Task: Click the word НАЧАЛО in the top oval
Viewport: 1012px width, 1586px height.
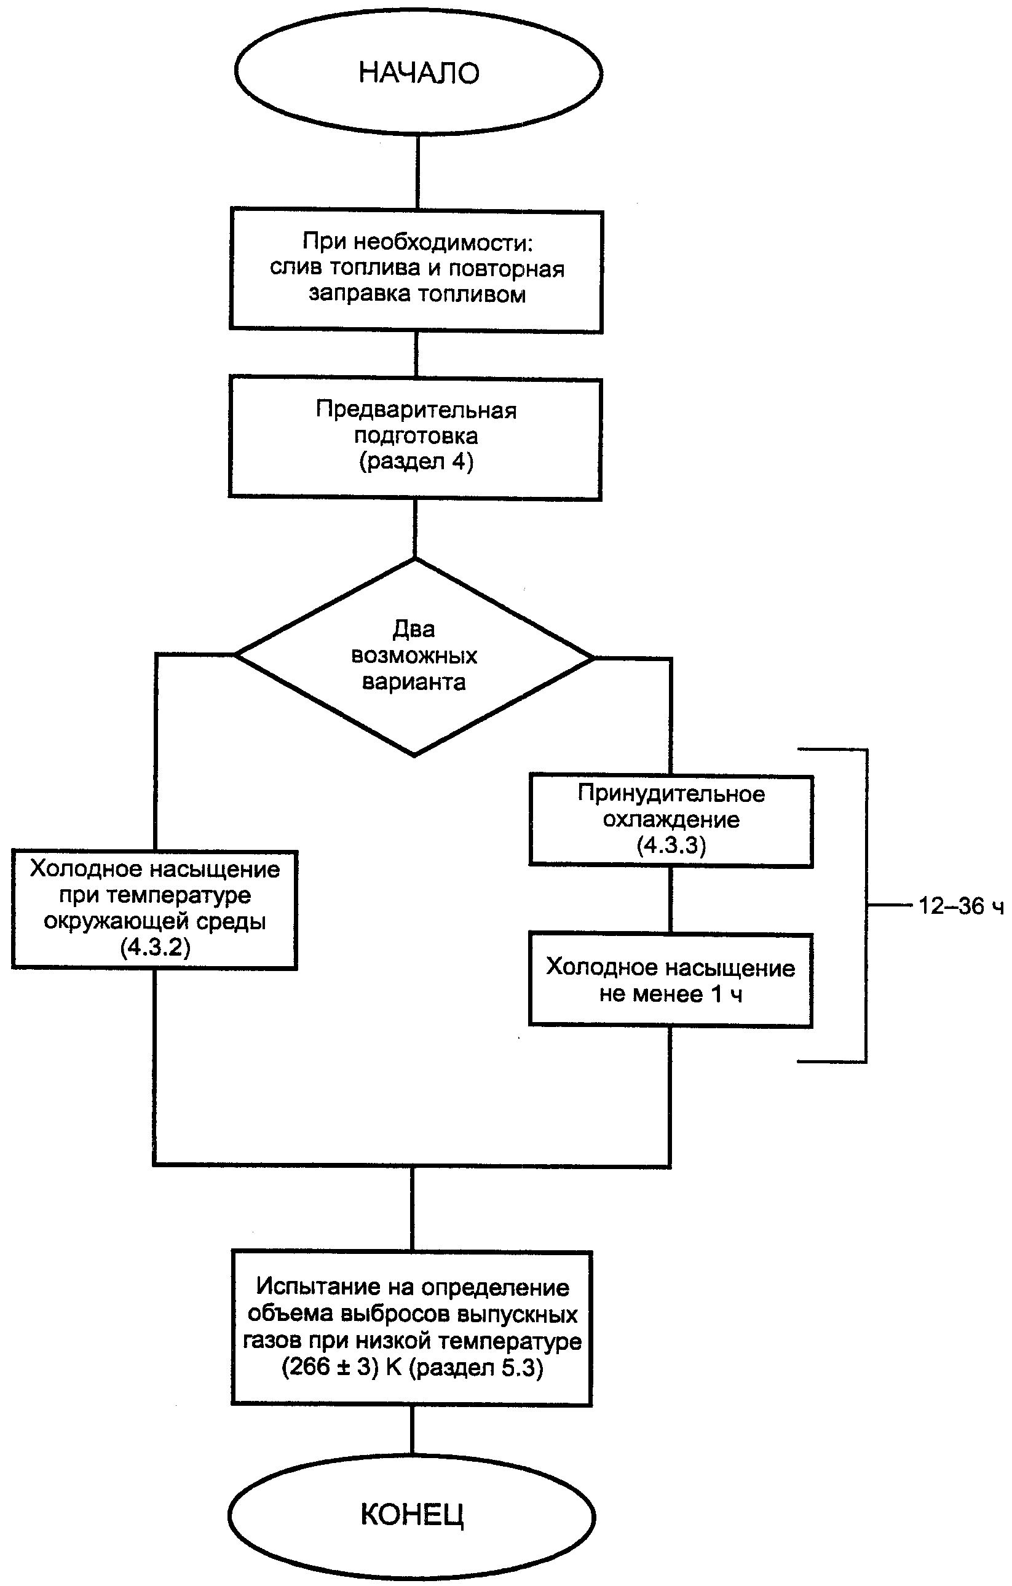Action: pos(419,73)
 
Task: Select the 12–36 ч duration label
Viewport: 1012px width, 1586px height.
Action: pos(960,906)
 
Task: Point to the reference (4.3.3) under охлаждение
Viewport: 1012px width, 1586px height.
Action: pos(671,845)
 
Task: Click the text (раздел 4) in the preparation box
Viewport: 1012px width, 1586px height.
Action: pos(416,461)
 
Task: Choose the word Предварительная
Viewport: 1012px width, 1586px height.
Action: pos(416,410)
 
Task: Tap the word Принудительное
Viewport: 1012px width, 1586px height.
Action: pos(671,794)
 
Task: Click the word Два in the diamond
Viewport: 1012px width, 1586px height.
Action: pos(414,630)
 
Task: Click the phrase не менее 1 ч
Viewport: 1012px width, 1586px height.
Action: pos(671,994)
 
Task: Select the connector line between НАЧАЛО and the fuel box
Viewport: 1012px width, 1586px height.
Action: pos(418,172)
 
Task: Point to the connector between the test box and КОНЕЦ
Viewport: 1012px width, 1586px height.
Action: pos(412,1430)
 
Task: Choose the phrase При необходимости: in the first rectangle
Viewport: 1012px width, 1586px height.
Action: pos(417,242)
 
